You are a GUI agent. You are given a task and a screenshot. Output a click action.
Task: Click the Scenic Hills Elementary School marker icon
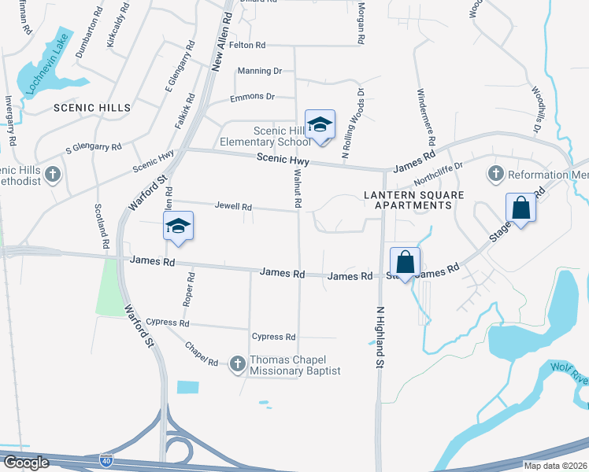[320, 124]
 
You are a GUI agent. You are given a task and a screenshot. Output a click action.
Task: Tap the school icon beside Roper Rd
[179, 227]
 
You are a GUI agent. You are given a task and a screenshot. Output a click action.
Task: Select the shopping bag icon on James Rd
[405, 262]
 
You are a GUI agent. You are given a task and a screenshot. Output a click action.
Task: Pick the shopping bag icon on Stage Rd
[520, 208]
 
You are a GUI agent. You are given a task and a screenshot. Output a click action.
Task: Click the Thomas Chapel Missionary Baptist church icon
[237, 363]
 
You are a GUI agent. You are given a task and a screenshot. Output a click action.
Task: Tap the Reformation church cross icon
[496, 173]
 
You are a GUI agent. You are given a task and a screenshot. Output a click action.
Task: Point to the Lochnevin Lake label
[49, 62]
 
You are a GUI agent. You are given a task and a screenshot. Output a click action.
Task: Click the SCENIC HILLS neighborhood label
[91, 108]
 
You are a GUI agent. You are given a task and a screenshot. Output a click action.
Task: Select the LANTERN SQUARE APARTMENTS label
[409, 200]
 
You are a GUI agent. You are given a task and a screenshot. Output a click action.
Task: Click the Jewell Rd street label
[233, 207]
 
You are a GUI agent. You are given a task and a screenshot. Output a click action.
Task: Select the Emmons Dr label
[252, 97]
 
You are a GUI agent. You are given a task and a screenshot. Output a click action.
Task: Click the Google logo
[25, 463]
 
